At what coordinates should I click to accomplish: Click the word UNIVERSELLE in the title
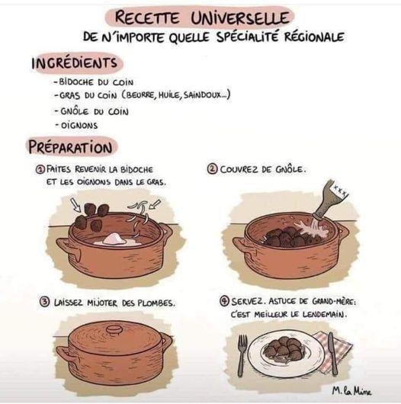(240, 18)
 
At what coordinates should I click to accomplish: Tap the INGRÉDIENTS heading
(74, 63)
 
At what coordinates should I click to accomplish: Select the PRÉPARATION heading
(70, 147)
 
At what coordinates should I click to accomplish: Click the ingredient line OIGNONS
(79, 126)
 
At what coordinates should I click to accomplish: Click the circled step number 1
(40, 169)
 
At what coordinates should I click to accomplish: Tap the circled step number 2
(213, 169)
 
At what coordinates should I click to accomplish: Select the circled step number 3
(44, 302)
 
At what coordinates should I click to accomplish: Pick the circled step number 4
(225, 301)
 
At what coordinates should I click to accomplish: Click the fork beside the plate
(241, 355)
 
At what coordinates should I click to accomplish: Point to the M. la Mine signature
(351, 391)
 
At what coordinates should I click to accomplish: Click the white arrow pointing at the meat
(76, 205)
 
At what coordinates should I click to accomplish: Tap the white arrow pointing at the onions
(155, 204)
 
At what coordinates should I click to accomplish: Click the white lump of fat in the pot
(114, 239)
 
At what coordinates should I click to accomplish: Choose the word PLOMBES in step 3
(156, 303)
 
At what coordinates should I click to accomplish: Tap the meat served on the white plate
(283, 347)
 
